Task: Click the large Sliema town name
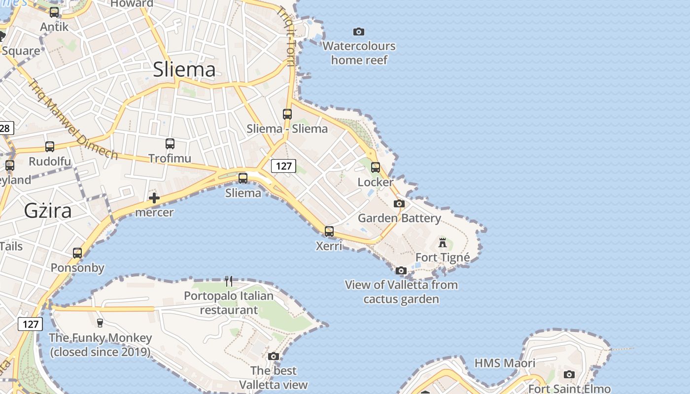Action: tap(184, 69)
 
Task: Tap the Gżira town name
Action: tap(48, 211)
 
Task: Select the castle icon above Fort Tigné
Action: tap(443, 242)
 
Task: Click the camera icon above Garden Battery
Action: tap(399, 203)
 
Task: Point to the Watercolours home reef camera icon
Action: tap(359, 32)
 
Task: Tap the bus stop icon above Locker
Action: tap(376, 167)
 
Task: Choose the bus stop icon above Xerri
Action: tap(329, 231)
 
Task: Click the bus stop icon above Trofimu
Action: tap(170, 144)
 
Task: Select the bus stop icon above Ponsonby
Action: tap(77, 253)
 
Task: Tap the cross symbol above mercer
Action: tap(154, 198)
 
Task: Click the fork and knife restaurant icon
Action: tap(229, 281)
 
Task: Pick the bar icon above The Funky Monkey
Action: tap(100, 323)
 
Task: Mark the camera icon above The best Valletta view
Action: tap(274, 356)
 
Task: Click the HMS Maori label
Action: tap(505, 363)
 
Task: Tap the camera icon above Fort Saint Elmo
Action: tap(569, 374)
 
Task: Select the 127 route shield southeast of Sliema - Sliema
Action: tap(283, 166)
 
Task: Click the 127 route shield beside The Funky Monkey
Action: tap(31, 324)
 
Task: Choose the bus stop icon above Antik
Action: tap(54, 12)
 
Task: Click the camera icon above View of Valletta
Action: tap(401, 270)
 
